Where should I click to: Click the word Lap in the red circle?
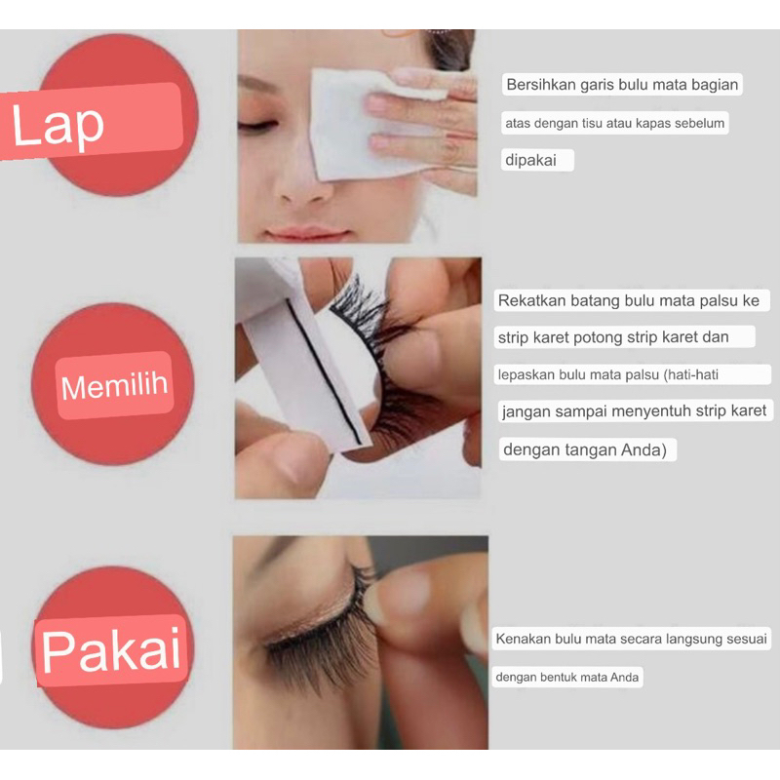click(x=58, y=126)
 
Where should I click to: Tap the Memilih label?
click(x=114, y=386)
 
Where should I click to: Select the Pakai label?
click(x=111, y=649)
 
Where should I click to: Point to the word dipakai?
click(x=530, y=161)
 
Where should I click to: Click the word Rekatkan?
click(x=531, y=300)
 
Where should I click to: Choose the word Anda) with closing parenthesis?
click(x=644, y=449)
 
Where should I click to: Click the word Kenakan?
click(x=524, y=639)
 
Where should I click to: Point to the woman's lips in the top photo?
click(x=306, y=233)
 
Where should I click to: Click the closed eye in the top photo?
click(x=256, y=126)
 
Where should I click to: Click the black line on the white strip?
click(x=324, y=371)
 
